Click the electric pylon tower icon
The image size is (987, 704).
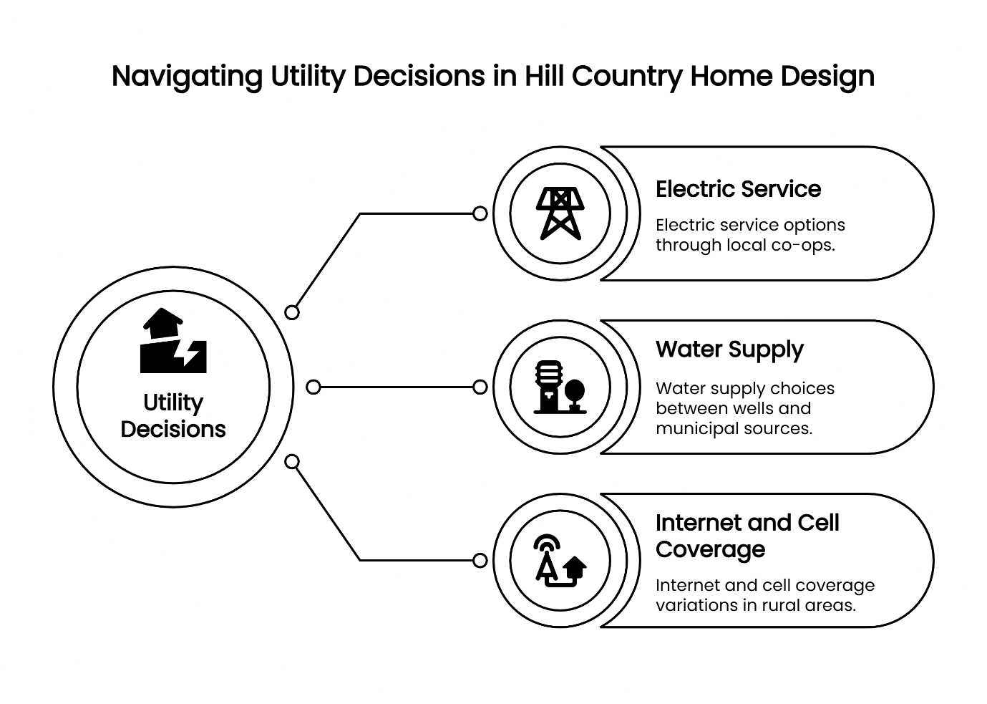click(x=560, y=213)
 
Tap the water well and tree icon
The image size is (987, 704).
click(x=560, y=387)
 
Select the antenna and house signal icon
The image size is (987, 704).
click(x=560, y=560)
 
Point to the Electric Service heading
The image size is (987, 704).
click(x=738, y=189)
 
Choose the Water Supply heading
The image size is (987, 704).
click(x=729, y=349)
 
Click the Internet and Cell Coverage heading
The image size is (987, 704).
click(x=747, y=536)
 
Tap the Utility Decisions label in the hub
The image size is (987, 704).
click(x=173, y=415)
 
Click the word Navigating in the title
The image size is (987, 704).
click(x=187, y=76)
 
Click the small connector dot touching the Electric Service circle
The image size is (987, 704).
click(x=480, y=213)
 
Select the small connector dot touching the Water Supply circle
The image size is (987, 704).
click(x=480, y=387)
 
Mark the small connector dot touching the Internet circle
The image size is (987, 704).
click(x=480, y=560)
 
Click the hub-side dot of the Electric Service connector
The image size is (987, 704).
click(x=292, y=312)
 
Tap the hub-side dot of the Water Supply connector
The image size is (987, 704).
click(x=313, y=387)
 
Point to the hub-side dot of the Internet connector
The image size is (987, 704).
click(x=292, y=462)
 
